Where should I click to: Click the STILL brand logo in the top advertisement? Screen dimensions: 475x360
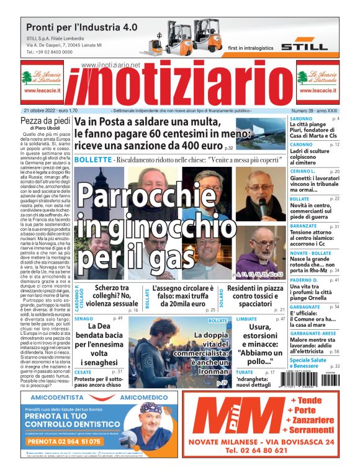(x=304, y=47)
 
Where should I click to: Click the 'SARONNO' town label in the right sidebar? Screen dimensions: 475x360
(x=301, y=118)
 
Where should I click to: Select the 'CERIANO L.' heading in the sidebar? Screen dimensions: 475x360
(x=304, y=171)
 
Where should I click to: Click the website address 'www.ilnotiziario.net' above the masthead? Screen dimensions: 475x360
(x=110, y=65)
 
